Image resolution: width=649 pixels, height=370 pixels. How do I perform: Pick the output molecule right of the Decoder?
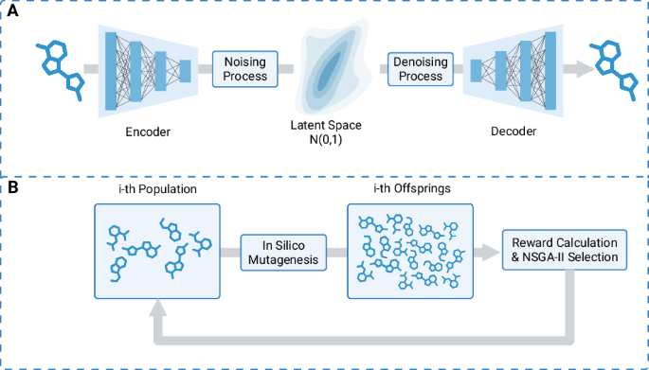point(610,68)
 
